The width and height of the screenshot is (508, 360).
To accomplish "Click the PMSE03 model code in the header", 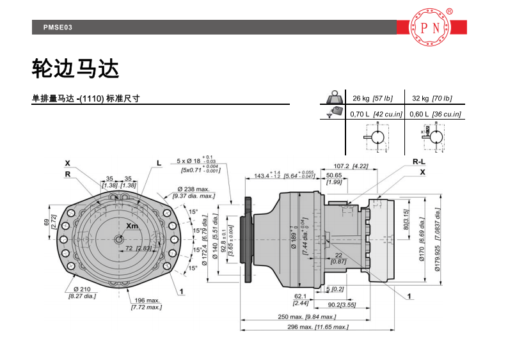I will [x=58, y=27].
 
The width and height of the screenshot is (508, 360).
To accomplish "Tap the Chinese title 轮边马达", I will [x=75, y=68].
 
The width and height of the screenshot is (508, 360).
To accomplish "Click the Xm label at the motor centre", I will [x=132, y=226].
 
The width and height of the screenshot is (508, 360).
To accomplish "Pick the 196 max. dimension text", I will [x=146, y=300].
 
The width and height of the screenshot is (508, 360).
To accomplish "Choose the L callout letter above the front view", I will [x=159, y=163].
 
